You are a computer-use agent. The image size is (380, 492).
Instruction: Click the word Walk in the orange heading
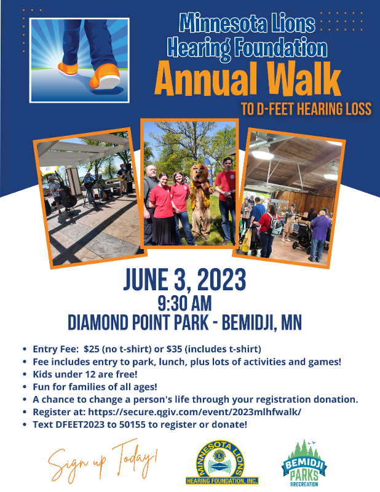coord(304,78)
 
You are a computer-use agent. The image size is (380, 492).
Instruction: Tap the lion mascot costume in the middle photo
coord(201,201)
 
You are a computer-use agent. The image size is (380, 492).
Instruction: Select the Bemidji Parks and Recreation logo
coord(304,464)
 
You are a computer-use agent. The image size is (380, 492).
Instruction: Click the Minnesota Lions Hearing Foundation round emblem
coord(222,462)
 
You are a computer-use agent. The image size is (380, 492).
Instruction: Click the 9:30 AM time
coord(184,303)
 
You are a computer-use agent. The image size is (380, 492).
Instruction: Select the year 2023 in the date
coord(221,280)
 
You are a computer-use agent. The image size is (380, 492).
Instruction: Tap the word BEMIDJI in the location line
coord(249,322)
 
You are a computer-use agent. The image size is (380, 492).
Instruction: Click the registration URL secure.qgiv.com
coord(194,411)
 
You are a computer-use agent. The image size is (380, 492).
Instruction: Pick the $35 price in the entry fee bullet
coord(174,349)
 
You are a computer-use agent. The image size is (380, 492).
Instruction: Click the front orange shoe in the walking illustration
coord(105,76)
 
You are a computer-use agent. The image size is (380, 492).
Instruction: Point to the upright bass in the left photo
coord(66,197)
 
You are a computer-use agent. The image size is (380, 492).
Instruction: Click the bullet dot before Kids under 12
coord(25,375)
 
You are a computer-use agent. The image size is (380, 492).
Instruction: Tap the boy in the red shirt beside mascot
coord(226,201)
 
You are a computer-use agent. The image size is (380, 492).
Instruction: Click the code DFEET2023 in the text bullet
coord(80,424)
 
